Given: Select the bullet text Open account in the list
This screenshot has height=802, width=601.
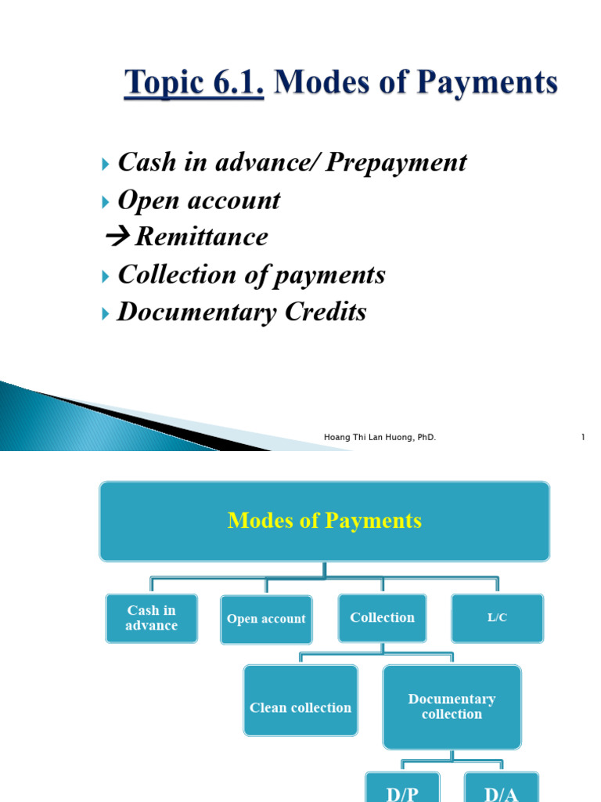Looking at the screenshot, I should point(198,200).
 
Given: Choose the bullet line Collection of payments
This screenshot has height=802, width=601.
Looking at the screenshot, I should point(251,275).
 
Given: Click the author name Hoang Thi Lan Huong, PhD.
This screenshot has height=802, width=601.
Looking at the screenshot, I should point(380,437).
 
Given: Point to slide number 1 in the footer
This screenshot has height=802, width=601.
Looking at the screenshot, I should point(583,437).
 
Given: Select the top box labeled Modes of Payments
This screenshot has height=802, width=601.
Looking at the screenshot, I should point(324,521).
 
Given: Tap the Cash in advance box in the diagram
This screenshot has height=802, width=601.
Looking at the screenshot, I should point(151,618).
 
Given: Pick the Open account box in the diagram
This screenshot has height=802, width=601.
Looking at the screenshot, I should point(266,619).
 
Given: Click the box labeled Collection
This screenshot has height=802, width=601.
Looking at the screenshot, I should point(382,618).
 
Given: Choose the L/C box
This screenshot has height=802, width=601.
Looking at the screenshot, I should point(497,618).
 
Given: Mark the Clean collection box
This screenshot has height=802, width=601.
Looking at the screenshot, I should point(300,707).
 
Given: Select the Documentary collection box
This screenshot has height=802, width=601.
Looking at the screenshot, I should point(452,706).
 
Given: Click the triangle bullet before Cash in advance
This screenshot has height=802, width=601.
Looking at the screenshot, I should point(107,164).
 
